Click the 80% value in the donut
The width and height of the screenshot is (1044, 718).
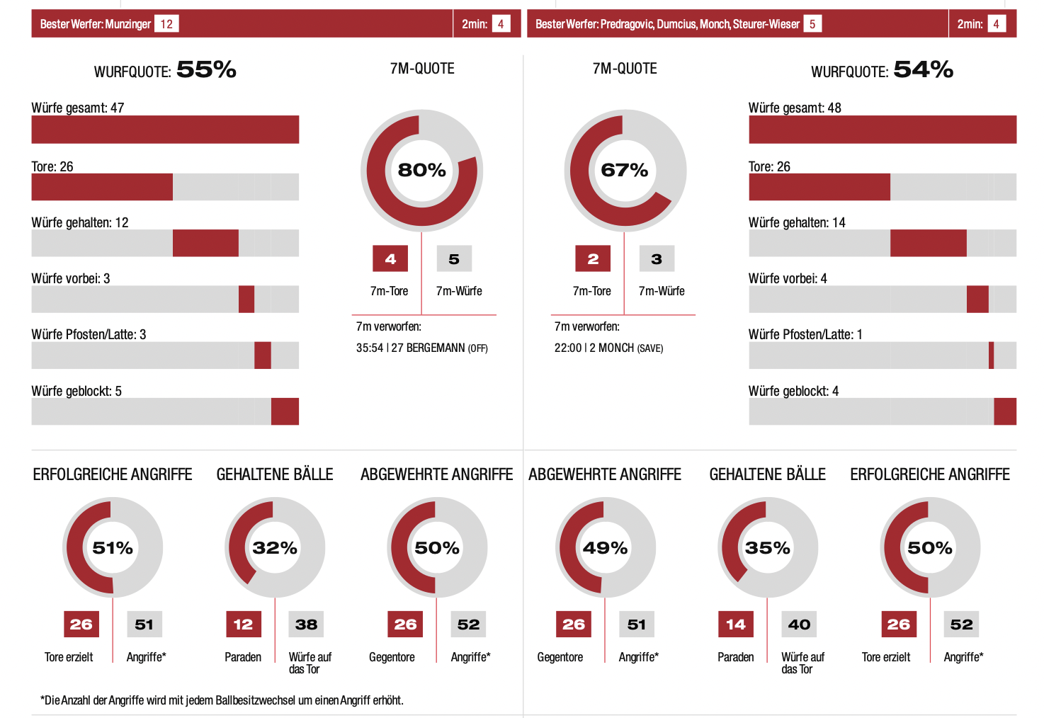[421, 170]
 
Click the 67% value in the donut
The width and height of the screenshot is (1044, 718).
[624, 170]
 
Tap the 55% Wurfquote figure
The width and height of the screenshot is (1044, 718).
[206, 69]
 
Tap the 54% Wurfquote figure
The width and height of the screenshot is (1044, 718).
[923, 69]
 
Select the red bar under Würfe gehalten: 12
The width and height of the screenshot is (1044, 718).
[205, 243]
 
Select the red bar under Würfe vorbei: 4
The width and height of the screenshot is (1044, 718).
[977, 299]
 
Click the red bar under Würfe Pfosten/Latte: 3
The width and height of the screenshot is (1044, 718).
[262, 355]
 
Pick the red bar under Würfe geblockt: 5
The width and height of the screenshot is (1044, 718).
[285, 411]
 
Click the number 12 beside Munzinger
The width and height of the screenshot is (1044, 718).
[166, 24]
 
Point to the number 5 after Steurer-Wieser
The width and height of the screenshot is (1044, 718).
[812, 24]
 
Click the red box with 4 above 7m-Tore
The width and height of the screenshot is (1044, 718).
[390, 259]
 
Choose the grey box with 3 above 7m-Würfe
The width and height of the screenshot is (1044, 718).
[657, 259]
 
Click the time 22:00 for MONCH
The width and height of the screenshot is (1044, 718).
[568, 348]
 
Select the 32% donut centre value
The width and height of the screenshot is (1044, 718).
[275, 548]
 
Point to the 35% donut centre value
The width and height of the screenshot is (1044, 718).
[767, 548]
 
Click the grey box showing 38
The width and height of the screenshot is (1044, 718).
[306, 625]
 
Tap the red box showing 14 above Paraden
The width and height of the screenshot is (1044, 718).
[735, 625]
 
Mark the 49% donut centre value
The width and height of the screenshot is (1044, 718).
[605, 548]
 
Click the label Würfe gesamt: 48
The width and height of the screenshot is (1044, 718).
[795, 108]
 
